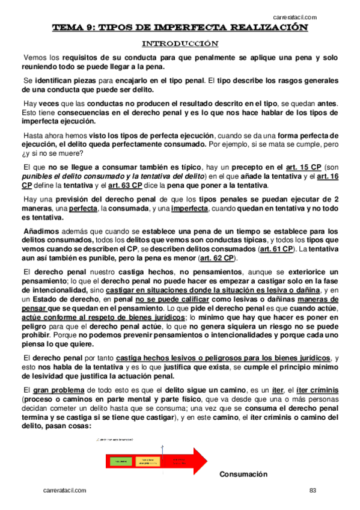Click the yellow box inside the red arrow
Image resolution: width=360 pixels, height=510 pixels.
click(x=147, y=461)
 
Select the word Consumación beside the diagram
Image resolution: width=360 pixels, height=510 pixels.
click(x=243, y=475)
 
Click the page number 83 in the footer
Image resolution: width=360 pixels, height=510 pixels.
click(x=313, y=491)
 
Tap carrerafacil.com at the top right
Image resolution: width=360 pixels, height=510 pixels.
click(x=295, y=17)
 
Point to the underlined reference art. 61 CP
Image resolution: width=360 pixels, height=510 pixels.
click(x=276, y=248)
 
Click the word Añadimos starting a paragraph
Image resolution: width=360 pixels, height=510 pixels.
click(x=41, y=231)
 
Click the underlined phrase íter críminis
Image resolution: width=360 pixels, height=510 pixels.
click(x=313, y=390)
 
